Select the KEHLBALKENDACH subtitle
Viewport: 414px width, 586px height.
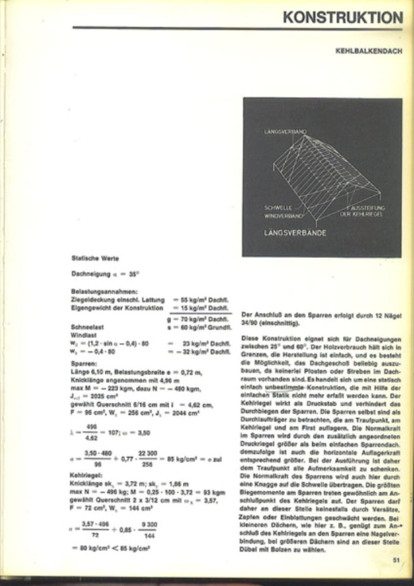(369, 51)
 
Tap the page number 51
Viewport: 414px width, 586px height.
(396, 561)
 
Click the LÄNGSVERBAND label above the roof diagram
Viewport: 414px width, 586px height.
(285, 132)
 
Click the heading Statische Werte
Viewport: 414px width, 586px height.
(95, 258)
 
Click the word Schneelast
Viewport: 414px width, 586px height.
(87, 327)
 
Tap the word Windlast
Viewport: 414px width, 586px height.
(84, 335)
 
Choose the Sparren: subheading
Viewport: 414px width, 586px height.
(83, 364)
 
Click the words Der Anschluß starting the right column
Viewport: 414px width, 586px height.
(260, 315)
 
